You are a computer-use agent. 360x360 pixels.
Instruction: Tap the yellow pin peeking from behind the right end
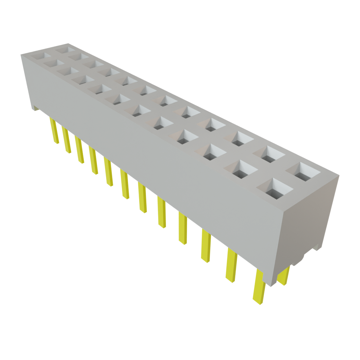(284, 276)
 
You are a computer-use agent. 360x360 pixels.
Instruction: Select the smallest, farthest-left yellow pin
(53, 131)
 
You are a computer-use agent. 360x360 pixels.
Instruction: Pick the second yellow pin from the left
(66, 140)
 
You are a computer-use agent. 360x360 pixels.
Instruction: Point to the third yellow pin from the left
(79, 150)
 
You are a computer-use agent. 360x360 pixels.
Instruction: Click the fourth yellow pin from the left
(93, 161)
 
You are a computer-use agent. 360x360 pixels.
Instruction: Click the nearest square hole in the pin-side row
(275, 190)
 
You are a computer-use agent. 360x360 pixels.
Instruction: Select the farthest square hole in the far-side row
(64, 49)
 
